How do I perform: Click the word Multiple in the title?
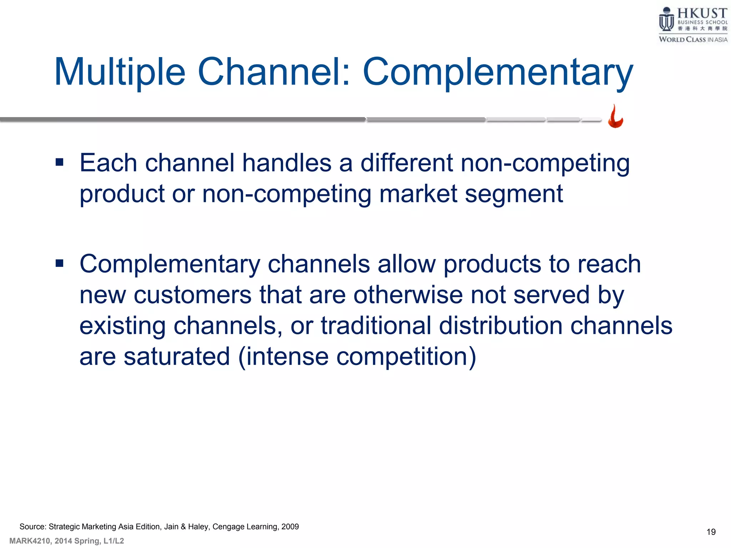point(120,72)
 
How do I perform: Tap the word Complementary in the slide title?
point(498,72)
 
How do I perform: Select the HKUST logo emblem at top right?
point(666,20)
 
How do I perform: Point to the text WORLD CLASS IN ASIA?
point(693,40)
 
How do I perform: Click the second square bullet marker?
point(60,264)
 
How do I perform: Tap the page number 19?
point(711,532)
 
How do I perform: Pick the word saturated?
point(177,356)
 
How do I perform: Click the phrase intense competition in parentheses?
point(357,356)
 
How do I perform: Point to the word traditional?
point(376,326)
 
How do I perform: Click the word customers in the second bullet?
point(192,295)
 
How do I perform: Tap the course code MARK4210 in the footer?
point(30,541)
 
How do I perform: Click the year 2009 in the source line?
point(290,527)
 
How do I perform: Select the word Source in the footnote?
point(32,527)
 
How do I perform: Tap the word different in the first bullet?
point(407,163)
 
